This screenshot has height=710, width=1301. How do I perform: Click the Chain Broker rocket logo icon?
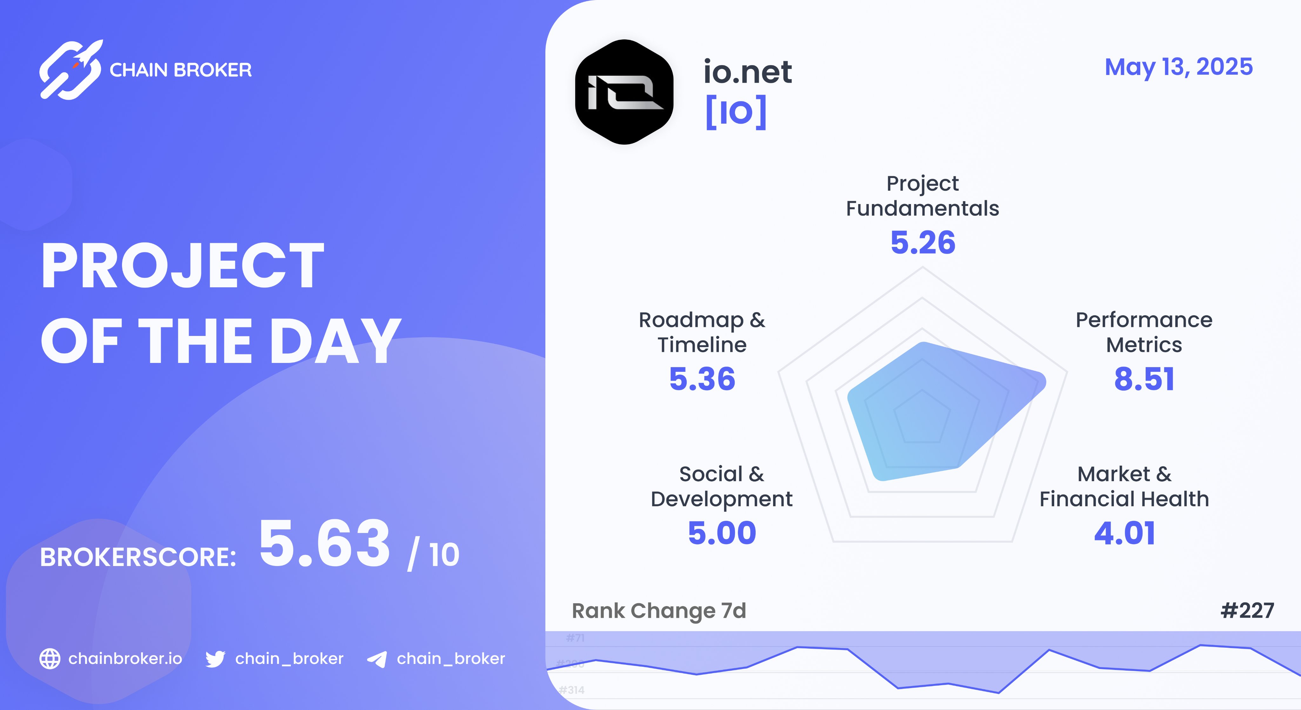(x=71, y=70)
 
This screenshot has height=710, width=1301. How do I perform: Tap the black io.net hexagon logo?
(x=624, y=92)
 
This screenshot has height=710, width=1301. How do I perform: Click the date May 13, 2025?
(x=1178, y=67)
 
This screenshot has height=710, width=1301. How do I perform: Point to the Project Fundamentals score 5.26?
(x=923, y=242)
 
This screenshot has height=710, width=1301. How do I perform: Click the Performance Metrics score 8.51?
(x=1144, y=379)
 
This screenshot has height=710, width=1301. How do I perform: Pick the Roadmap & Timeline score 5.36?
(x=702, y=379)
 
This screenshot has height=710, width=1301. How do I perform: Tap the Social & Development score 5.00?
(x=722, y=533)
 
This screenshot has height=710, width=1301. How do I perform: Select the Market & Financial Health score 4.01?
(x=1124, y=533)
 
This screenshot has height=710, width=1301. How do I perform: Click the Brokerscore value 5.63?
(x=325, y=544)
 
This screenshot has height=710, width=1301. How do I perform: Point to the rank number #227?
(x=1247, y=611)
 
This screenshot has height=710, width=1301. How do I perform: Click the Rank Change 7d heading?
(x=658, y=611)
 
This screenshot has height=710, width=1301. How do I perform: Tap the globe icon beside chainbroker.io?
(x=50, y=659)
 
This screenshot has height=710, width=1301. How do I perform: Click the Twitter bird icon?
(x=215, y=659)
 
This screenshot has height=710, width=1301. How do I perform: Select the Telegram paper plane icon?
(x=377, y=659)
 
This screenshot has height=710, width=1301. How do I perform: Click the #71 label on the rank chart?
(x=575, y=638)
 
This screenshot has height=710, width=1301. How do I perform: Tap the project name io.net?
(x=747, y=72)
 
